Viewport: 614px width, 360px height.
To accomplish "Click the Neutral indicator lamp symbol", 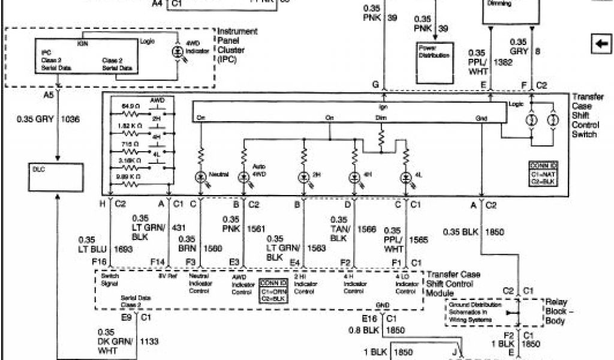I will pyautogui.click(x=201, y=178).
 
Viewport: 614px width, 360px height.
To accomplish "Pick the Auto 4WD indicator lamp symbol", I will pyautogui.click(x=244, y=178).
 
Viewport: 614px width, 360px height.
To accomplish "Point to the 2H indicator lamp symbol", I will pyautogui.click(x=304, y=178).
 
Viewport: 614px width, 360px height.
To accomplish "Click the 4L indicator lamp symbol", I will pyautogui.click(x=406, y=178).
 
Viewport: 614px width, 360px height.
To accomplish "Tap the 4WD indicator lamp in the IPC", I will pyautogui.click(x=177, y=52).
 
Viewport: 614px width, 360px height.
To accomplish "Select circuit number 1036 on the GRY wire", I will pyautogui.click(x=70, y=119).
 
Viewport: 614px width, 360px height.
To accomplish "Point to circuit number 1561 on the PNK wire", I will pyautogui.click(x=257, y=229).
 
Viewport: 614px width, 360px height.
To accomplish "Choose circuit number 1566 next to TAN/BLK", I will pyautogui.click(x=366, y=229).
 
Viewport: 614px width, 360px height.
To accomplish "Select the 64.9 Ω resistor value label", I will pyautogui.click(x=131, y=106).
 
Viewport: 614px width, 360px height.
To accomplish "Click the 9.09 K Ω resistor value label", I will pyautogui.click(x=130, y=177).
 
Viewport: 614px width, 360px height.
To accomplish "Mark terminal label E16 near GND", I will pyautogui.click(x=369, y=318).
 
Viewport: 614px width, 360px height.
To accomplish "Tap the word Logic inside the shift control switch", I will pyautogui.click(x=516, y=104).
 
